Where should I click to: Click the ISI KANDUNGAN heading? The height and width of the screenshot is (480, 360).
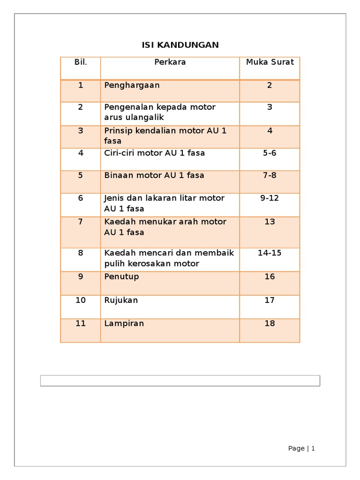click(x=180, y=45)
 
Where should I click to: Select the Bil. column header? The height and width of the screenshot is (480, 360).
click(x=81, y=62)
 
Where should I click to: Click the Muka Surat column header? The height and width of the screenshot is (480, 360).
click(x=270, y=62)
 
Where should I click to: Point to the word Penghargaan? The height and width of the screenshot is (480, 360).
click(x=132, y=85)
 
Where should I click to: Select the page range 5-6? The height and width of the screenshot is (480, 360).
click(x=270, y=153)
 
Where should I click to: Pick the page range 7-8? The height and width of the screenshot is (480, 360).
click(x=270, y=175)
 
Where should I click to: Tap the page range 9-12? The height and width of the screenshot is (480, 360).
click(x=270, y=198)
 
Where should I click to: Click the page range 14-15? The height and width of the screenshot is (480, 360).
click(x=270, y=253)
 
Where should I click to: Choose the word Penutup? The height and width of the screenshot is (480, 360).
click(x=121, y=277)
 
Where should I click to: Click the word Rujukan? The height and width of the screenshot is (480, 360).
click(x=121, y=300)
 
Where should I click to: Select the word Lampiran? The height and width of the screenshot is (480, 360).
click(x=124, y=323)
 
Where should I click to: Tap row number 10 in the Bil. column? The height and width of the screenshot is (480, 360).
click(x=81, y=300)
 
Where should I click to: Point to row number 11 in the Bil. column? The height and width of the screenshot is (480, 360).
click(x=81, y=323)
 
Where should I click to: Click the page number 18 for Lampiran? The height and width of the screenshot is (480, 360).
click(x=270, y=323)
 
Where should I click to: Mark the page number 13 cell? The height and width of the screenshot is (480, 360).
click(x=270, y=222)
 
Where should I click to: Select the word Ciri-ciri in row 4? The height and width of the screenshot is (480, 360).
click(x=119, y=153)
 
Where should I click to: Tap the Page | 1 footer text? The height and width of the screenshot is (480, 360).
click(x=301, y=449)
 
